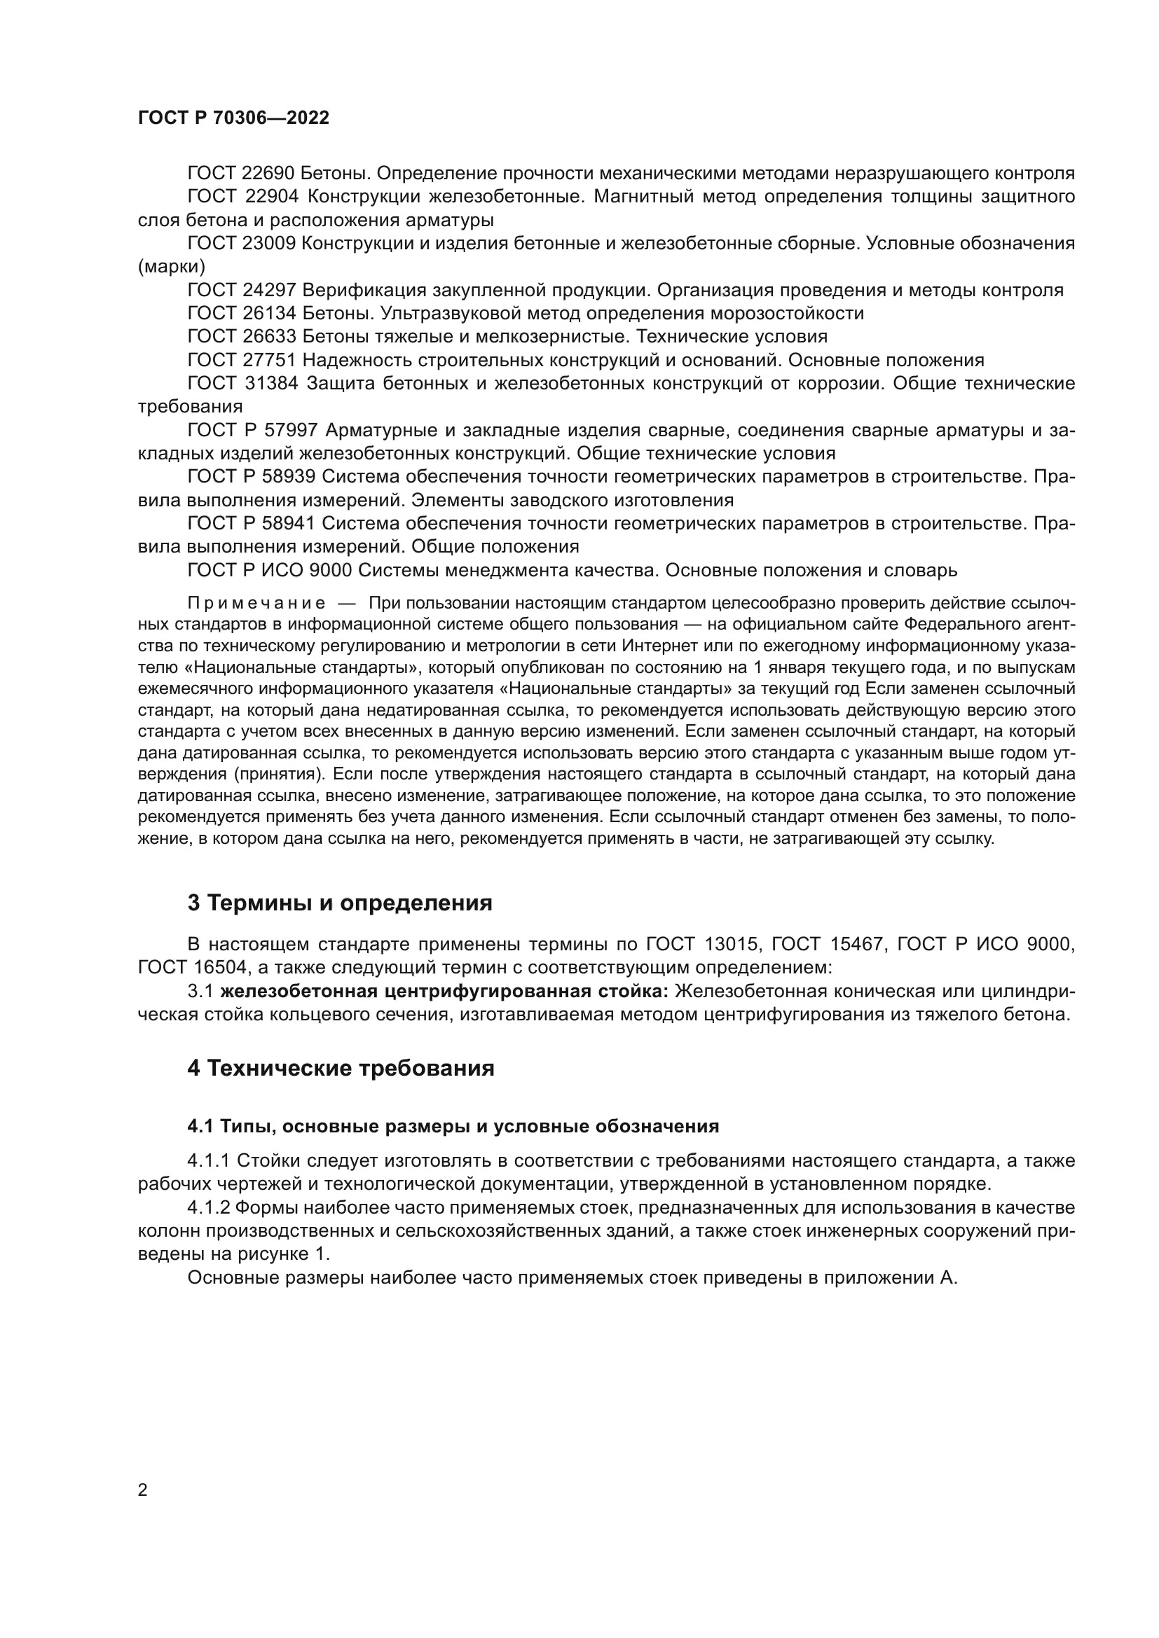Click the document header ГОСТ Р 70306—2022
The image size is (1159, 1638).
click(x=233, y=118)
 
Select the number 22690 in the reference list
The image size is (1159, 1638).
click(x=270, y=174)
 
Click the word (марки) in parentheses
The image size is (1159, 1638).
click(x=171, y=267)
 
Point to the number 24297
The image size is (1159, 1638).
click(x=270, y=291)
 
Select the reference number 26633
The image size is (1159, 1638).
click(x=270, y=336)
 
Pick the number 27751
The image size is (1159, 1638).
click(x=270, y=360)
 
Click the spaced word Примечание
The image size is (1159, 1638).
click(x=256, y=604)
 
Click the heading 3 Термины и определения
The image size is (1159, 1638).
click(x=340, y=903)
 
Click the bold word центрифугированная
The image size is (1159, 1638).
click(x=481, y=992)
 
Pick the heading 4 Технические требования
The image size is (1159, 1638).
click(x=341, y=1069)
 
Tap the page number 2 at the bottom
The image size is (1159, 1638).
click(x=143, y=1490)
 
